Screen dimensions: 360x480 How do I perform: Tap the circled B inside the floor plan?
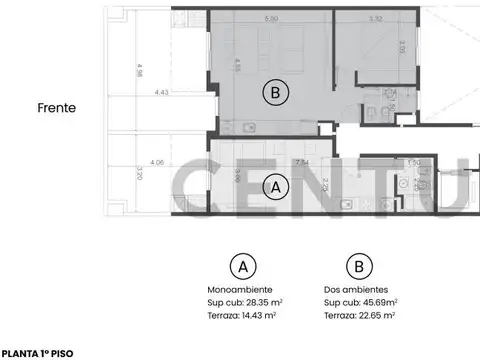275,93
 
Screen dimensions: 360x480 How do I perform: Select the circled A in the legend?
240,266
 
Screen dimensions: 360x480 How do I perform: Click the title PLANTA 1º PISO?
36,352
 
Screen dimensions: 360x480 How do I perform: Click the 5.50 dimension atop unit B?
271,19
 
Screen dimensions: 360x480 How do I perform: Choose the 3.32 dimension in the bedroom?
347,19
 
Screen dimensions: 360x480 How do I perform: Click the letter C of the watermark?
195,190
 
